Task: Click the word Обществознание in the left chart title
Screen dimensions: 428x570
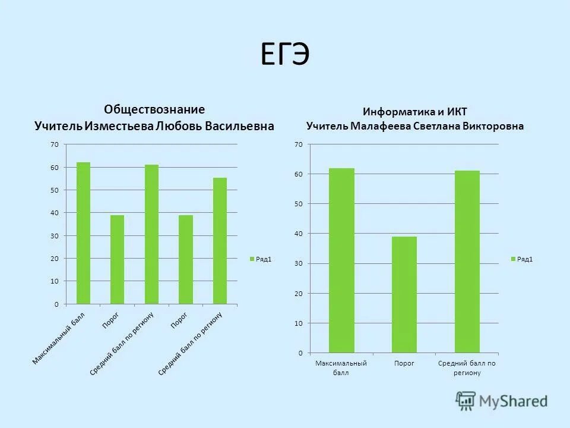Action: coord(154,109)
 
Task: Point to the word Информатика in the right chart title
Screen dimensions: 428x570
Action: coord(392,112)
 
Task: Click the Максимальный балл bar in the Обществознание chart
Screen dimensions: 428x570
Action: coord(83,233)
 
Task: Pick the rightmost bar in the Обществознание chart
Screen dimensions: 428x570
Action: coord(220,241)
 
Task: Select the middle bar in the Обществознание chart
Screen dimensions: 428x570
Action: coord(151,234)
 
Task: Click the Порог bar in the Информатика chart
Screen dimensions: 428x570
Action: coord(404,294)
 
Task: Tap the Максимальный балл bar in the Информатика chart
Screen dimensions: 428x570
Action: coord(341,260)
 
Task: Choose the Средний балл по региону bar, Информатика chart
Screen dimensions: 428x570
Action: coord(467,262)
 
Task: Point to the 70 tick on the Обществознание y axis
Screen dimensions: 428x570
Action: coord(55,144)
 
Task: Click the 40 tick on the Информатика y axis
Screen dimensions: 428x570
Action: coord(298,234)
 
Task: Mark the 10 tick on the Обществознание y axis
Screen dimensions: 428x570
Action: coord(55,281)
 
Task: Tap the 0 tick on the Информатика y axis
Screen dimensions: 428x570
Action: coord(300,353)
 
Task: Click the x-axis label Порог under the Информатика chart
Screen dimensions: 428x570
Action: coord(404,363)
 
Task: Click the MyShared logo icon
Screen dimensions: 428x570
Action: coord(465,401)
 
